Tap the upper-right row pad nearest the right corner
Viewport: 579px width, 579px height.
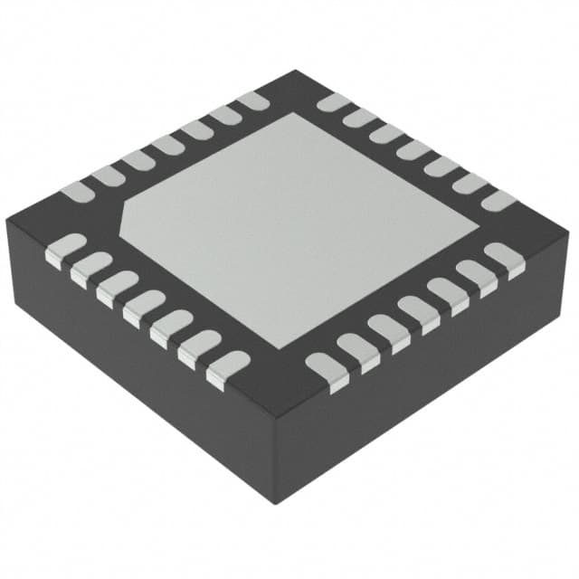[x=497, y=200]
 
